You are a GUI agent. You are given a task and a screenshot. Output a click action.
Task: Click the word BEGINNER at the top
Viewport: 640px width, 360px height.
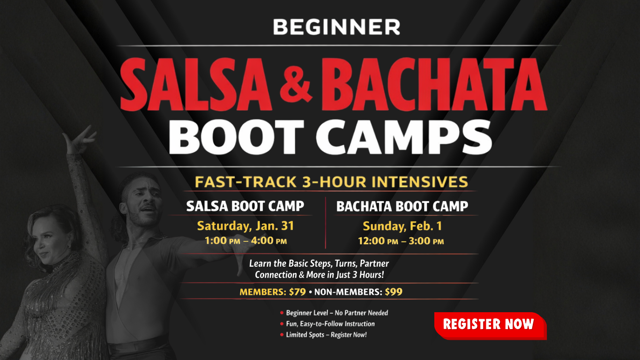click(336, 27)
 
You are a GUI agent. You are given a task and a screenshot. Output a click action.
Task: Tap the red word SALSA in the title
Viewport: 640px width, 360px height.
click(196, 84)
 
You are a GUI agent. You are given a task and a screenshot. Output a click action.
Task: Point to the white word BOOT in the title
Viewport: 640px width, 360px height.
click(236, 137)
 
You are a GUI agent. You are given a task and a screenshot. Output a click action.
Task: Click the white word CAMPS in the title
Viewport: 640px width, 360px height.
click(404, 137)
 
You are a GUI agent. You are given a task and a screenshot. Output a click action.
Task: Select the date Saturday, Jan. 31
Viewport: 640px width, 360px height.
click(246, 226)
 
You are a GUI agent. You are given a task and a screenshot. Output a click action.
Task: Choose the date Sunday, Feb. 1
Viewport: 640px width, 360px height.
click(402, 226)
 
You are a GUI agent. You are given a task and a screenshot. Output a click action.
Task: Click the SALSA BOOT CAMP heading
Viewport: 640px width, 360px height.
click(245, 206)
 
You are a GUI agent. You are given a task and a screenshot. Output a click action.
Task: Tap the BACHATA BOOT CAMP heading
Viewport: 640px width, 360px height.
click(402, 206)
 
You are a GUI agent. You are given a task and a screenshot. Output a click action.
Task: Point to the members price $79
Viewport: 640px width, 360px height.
click(298, 292)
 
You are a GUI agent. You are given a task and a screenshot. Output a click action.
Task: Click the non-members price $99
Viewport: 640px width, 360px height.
click(394, 292)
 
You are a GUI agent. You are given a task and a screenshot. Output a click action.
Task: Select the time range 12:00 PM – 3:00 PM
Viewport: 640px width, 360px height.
click(401, 241)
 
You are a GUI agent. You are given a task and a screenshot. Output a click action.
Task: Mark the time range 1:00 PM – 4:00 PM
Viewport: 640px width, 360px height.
click(246, 241)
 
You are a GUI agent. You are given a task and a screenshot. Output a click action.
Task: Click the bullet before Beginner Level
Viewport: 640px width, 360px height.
click(282, 313)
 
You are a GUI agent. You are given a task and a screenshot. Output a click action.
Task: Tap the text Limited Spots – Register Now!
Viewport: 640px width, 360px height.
click(326, 335)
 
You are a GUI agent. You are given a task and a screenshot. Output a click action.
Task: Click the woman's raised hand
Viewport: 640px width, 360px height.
click(80, 140)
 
